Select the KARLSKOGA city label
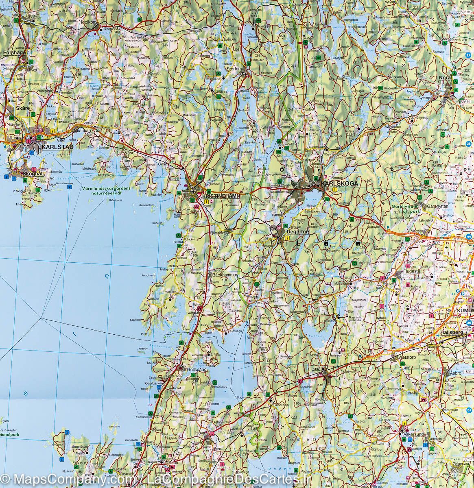point(339,184)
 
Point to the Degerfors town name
point(298,232)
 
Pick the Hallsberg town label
point(451,332)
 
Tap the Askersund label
point(413,435)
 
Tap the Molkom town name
point(89,23)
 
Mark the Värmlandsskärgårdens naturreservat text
point(106,192)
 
